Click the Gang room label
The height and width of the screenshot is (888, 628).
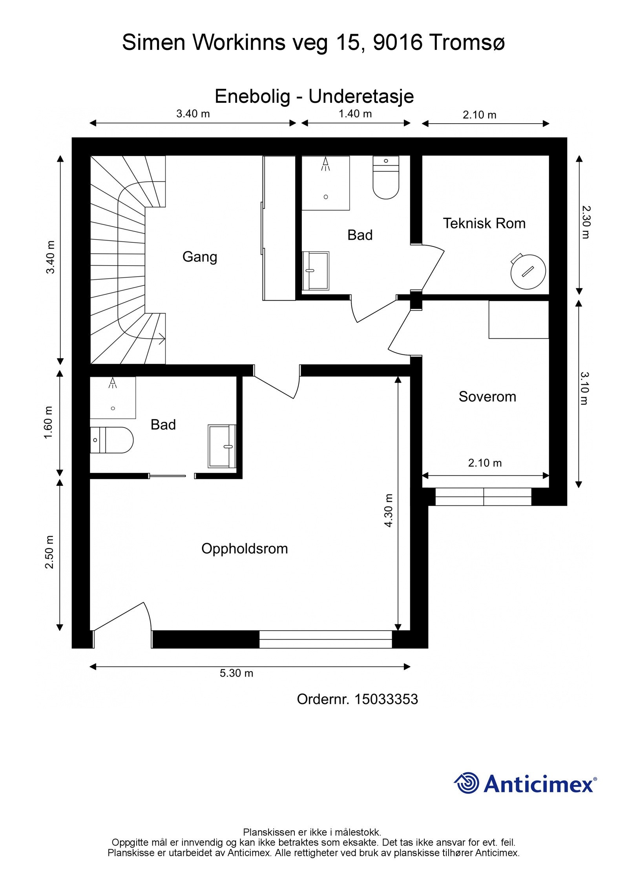(199, 257)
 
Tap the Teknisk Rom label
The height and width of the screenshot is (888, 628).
(484, 223)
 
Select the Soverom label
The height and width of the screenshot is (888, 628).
(487, 396)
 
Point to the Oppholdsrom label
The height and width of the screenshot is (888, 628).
(245, 549)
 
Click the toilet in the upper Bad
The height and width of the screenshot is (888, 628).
(385, 177)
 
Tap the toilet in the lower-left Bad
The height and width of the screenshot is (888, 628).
(111, 440)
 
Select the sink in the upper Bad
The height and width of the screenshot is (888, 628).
(316, 271)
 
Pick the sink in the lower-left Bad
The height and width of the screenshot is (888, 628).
(222, 446)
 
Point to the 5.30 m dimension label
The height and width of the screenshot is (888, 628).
(236, 673)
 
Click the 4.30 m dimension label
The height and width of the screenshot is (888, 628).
(388, 510)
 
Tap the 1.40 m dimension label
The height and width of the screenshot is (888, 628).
(355, 114)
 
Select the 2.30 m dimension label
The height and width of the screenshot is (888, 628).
(586, 222)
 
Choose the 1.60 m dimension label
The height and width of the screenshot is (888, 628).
(48, 423)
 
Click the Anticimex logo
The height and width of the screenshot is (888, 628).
(525, 783)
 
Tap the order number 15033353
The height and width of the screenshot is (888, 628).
(386, 699)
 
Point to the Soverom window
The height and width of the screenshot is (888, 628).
(484, 497)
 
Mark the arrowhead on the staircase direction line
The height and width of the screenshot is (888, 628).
(162, 338)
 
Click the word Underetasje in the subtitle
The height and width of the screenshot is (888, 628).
(361, 97)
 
